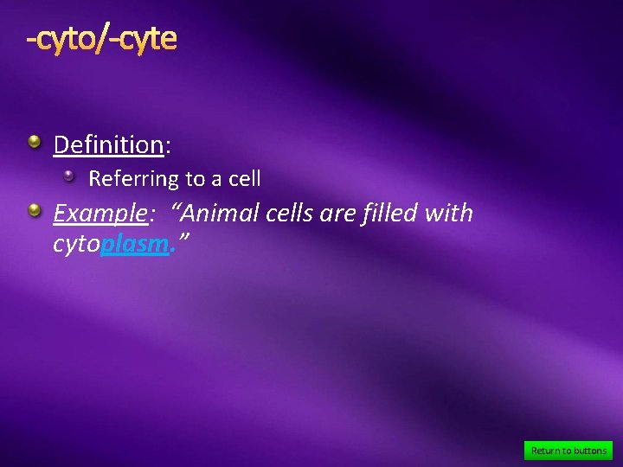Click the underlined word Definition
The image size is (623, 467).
[108, 144]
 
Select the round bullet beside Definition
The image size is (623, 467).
[33, 142]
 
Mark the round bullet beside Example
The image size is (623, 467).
[33, 210]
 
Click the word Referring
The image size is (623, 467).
[132, 180]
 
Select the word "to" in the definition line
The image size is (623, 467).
[194, 180]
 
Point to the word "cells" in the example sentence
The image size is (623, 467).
[290, 213]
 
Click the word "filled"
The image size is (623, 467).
[385, 213]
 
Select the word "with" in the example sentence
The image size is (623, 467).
[449, 213]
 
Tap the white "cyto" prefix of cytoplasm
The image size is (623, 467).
[76, 246]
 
